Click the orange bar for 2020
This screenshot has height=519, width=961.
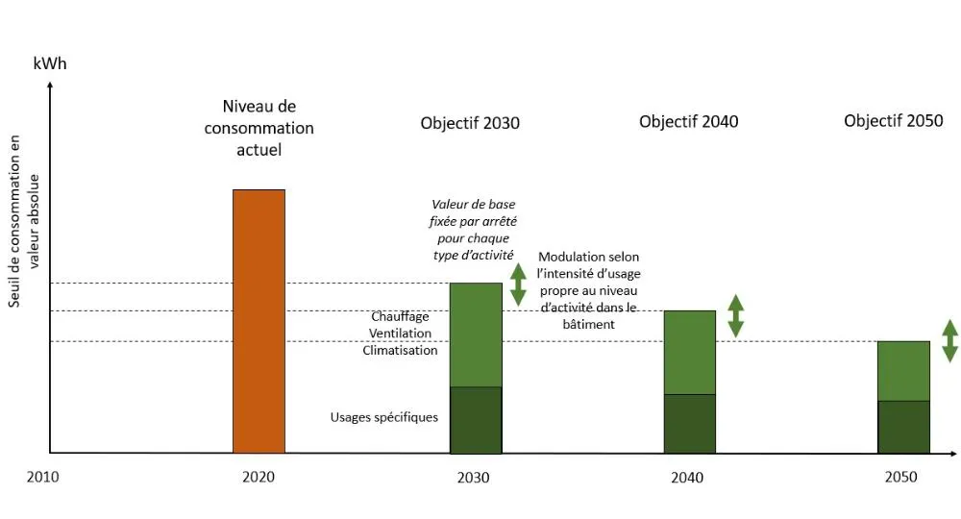coord(259,321)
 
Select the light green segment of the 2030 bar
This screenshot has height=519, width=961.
coord(476,334)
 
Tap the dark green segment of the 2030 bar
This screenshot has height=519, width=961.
coord(476,419)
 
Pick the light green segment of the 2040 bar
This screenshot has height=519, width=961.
coord(690,352)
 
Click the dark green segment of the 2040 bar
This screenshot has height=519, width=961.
coord(690,423)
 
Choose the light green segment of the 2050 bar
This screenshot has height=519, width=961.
coord(903,370)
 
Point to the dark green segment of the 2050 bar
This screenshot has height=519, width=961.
coord(903,426)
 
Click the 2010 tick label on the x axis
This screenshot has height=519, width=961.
coord(43,477)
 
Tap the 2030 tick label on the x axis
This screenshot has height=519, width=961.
coord(473,477)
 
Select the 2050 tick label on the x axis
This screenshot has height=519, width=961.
coord(900,477)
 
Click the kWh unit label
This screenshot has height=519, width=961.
coord(50,64)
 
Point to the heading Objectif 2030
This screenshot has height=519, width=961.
coord(470,123)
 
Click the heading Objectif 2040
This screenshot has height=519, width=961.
coord(688,121)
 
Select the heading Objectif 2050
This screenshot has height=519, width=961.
coord(894,121)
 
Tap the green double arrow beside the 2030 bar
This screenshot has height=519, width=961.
coord(518,284)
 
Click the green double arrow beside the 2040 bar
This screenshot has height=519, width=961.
coord(736,315)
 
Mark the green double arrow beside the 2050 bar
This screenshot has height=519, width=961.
coord(949,340)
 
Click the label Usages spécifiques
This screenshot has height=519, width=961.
coord(384,417)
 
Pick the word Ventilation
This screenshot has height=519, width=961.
coord(400,334)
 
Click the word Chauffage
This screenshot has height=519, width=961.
coord(400,316)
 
